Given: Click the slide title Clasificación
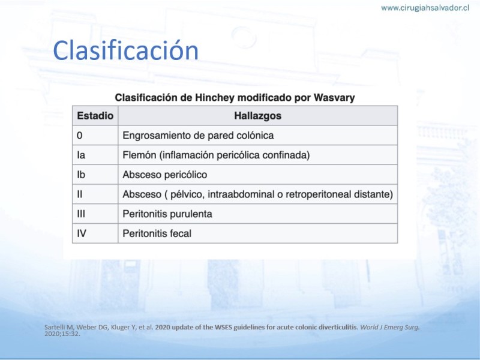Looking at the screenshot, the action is (125, 50).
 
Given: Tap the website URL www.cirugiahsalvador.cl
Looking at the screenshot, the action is (425, 8).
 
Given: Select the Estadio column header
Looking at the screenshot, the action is (95, 116).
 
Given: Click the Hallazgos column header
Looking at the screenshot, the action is (258, 116).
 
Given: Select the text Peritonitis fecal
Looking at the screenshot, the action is (157, 233).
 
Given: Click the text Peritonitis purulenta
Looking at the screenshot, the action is (167, 214).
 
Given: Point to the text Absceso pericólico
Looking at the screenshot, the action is (164, 175).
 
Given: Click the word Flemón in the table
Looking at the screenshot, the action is (139, 155).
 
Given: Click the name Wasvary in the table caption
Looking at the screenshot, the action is (334, 98).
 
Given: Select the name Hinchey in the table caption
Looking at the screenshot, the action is (215, 98).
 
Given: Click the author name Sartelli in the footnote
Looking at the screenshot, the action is (56, 327).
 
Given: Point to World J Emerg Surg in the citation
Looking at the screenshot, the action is (389, 327).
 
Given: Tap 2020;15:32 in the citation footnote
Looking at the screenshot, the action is (62, 334).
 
